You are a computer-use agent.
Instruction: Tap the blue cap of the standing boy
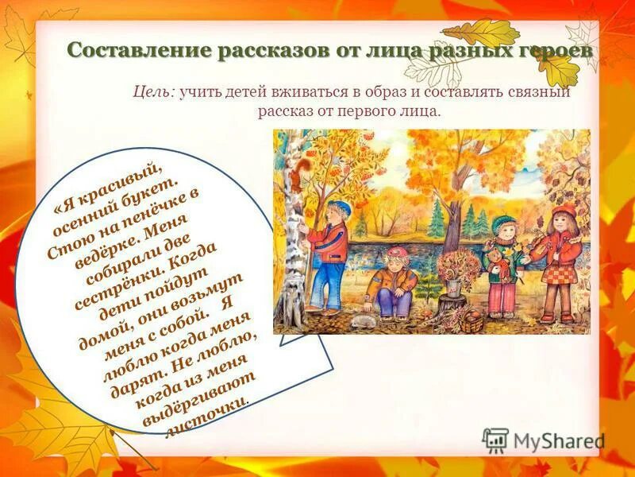point(340,207)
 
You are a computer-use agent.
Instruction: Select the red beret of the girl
point(563,210)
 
